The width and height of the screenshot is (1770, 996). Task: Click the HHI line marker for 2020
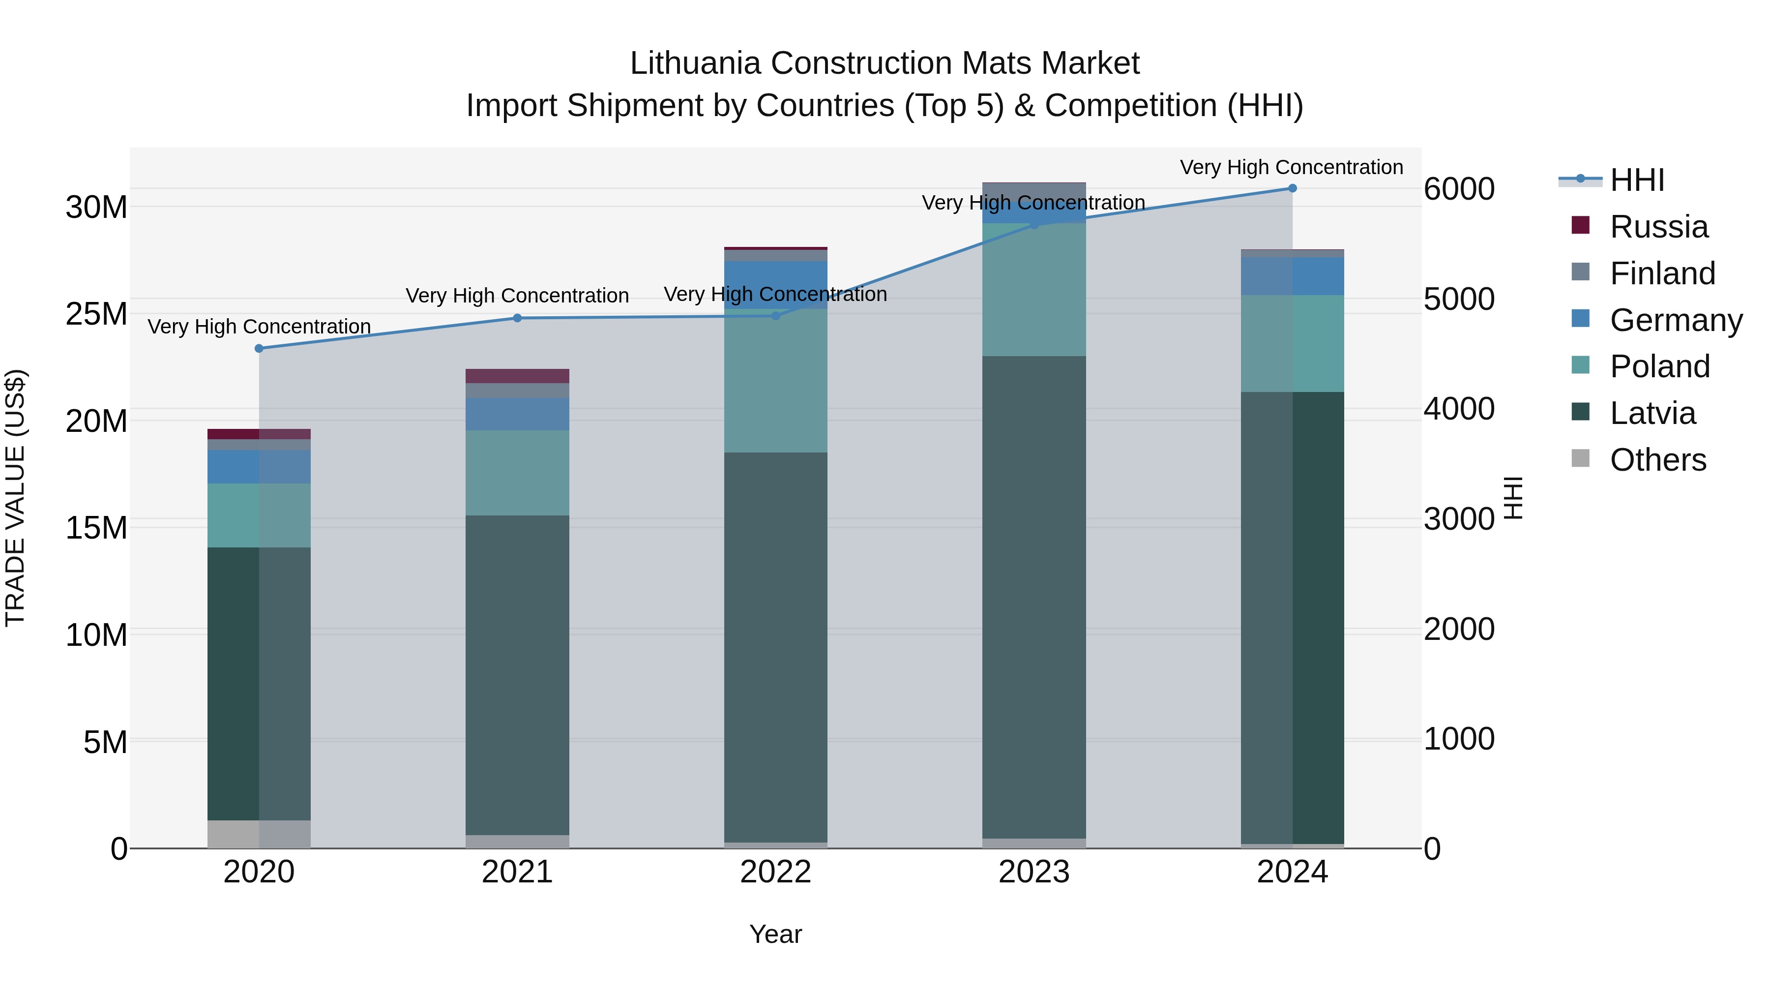coord(259,349)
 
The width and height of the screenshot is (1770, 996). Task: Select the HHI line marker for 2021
coord(517,318)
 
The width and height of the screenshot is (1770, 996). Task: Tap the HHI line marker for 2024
coord(1292,188)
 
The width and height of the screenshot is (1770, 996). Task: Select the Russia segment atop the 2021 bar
coord(517,376)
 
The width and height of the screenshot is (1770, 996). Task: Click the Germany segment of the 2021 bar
coord(517,414)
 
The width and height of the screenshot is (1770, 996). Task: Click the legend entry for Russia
coord(1658,227)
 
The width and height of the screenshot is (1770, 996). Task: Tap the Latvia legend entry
coord(1652,413)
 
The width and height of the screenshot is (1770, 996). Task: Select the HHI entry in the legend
coord(1637,180)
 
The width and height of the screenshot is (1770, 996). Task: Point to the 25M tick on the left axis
coord(96,313)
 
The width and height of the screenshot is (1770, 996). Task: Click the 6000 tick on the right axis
coord(1459,189)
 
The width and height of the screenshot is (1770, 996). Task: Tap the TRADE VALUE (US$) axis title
coord(15,498)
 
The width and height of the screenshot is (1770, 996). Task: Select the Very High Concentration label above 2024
coord(1291,167)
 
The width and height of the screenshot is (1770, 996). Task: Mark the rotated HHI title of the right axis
coord(1513,498)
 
